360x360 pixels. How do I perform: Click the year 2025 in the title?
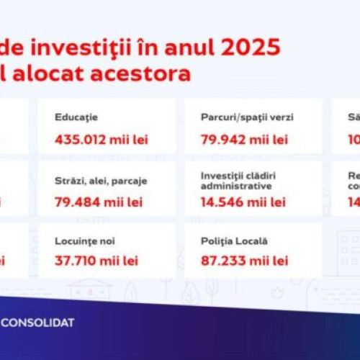[x=250, y=48]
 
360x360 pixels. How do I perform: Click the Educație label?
[x=76, y=117]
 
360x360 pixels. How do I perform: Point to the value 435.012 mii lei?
[x=101, y=139]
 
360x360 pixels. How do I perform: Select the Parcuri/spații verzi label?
[x=248, y=117]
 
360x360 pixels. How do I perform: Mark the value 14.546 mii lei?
[x=245, y=202]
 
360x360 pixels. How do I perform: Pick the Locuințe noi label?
[x=85, y=242]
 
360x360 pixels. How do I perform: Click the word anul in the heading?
[x=189, y=48]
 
